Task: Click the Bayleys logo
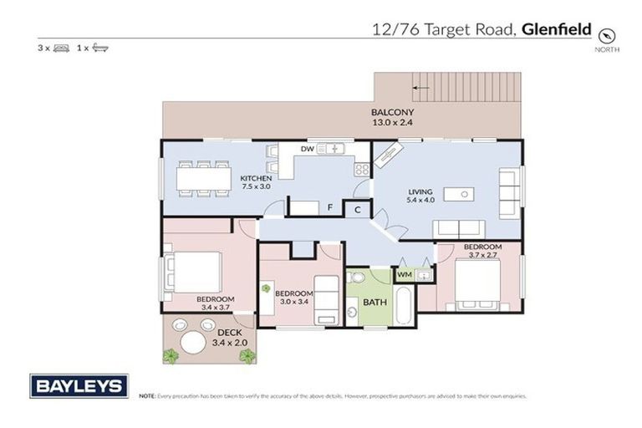pos(79,385)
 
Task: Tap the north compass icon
pos(607,35)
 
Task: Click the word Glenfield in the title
pos(557,30)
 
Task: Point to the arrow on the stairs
pos(421,86)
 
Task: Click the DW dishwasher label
pos(306,149)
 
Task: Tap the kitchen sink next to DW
pos(331,149)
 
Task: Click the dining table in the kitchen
pos(203,178)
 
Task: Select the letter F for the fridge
pos(331,206)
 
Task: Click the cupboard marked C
pos(357,210)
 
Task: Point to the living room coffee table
pos(459,195)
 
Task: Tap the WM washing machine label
pos(404,274)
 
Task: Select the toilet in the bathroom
pos(354,279)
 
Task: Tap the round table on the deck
pos(192,341)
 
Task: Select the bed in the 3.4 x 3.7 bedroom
pos(196,271)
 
